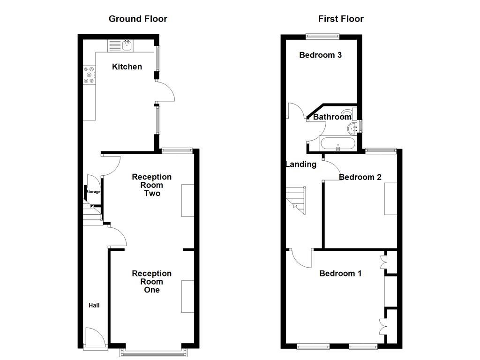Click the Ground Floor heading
point(138,19)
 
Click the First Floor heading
point(341,19)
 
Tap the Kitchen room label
point(127,67)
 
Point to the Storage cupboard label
point(93,192)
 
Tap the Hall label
point(94,306)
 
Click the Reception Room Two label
point(151,185)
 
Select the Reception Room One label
point(151,281)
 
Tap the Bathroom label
point(332,117)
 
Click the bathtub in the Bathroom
point(337,144)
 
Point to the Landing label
point(301,164)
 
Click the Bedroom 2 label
point(360,177)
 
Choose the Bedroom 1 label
point(340,273)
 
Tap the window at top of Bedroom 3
point(322,36)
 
